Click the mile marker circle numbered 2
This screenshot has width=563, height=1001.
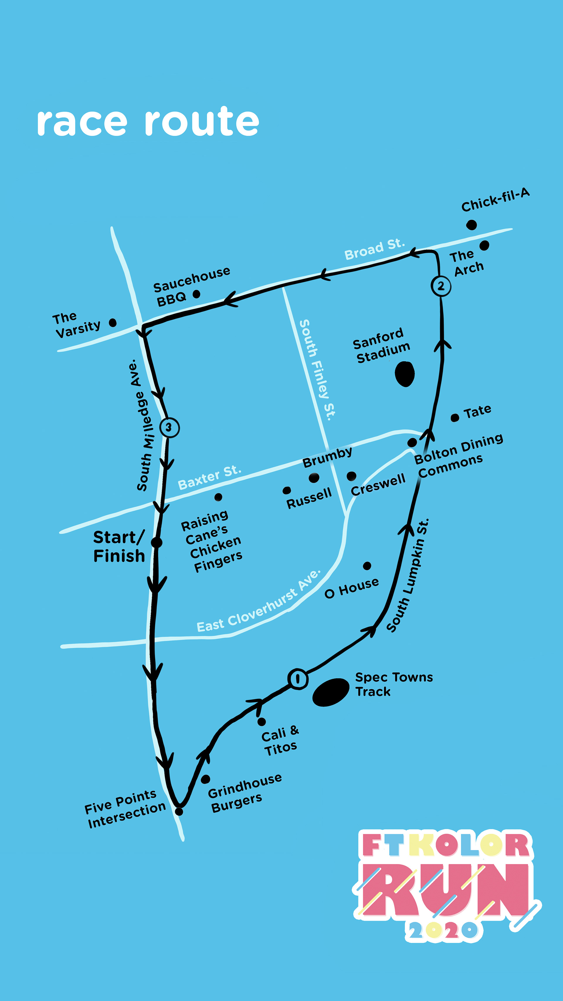(441, 286)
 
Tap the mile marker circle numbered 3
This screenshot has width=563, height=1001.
(169, 427)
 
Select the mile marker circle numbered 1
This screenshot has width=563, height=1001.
(298, 679)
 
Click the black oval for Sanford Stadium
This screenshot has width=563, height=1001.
(404, 374)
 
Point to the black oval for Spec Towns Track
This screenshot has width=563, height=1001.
(331, 692)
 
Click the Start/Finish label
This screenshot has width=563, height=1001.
(119, 546)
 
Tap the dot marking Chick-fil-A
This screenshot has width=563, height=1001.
(471, 225)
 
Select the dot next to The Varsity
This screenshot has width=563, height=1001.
(113, 323)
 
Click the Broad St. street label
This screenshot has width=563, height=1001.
(374, 250)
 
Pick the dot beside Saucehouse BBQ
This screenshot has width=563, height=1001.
(196, 294)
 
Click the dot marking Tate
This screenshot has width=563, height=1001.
(455, 418)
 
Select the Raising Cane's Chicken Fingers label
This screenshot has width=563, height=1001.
(212, 541)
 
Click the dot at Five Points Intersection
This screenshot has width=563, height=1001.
(179, 811)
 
